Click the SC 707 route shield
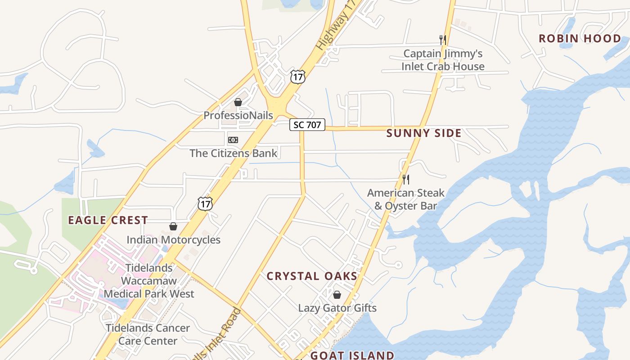307,125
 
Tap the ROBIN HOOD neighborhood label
580,39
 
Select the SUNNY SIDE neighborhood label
424,133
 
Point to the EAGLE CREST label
108,220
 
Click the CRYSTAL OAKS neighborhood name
312,276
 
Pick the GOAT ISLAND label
352,355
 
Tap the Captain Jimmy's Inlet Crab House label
443,60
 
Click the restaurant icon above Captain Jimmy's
443,40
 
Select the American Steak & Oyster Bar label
406,199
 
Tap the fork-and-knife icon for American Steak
406,180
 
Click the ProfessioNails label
238,115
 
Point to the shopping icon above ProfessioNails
238,103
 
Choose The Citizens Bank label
234,153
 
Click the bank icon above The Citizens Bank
233,140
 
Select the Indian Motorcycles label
173,239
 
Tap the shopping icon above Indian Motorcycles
173,226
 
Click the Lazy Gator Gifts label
337,308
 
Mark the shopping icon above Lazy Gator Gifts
337,295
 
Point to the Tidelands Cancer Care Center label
148,334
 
